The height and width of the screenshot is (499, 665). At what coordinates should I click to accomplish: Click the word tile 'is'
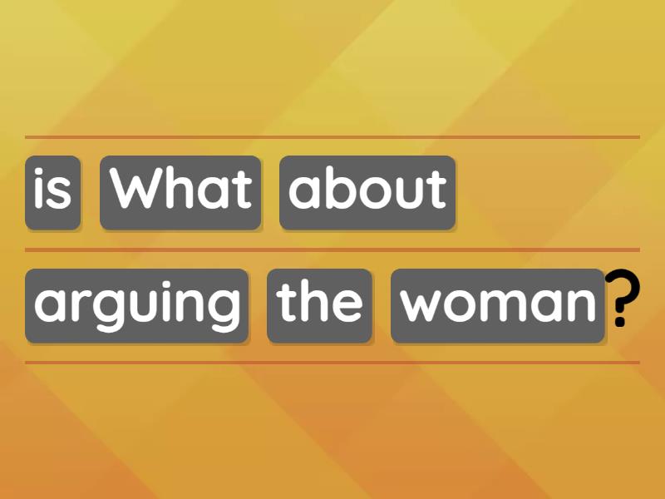53,193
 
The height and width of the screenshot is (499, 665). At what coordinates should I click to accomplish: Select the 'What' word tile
180,193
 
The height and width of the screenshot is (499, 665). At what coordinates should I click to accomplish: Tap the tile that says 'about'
367,193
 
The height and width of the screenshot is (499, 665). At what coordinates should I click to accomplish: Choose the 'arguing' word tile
136,306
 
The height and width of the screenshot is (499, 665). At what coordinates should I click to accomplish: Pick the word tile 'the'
319,306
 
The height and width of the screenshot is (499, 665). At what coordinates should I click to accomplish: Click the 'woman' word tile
498,306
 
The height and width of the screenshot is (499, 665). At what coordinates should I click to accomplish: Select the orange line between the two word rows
332,249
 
